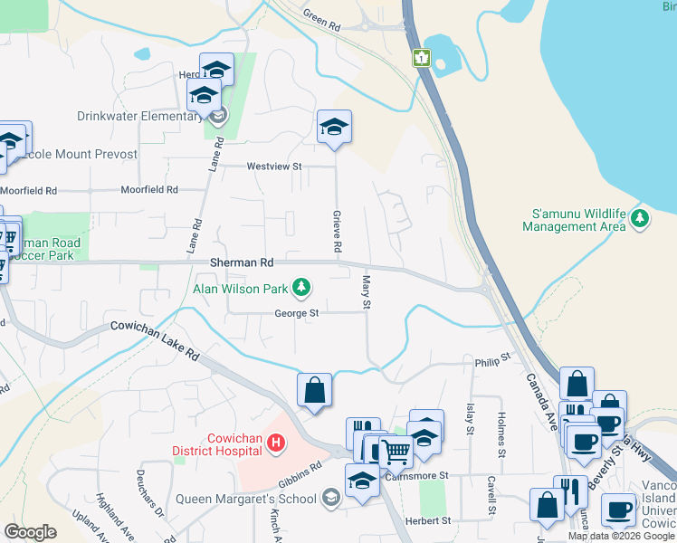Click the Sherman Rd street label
[x=241, y=262]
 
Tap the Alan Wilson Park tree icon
[x=301, y=289]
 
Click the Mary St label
[x=367, y=291]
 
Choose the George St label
[x=297, y=314]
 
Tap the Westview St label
[x=273, y=167]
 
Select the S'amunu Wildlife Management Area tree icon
[x=640, y=218]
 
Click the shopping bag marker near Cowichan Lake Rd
[x=314, y=390]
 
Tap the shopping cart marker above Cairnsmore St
[x=396, y=450]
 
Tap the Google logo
[x=30, y=532]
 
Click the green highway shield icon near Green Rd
[x=421, y=58]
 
